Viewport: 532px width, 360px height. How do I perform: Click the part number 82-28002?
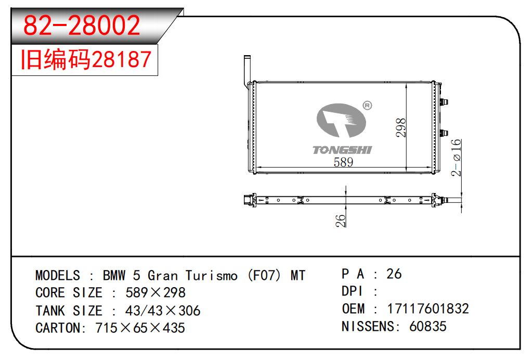point(83,25)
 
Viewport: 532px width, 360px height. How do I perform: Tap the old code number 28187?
point(122,60)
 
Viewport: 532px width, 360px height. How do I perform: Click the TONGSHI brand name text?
point(342,150)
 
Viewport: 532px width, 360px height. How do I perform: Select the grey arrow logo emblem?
point(341,124)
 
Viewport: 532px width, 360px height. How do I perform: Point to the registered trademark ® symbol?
point(367,106)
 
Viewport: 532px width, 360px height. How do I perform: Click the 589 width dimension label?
point(343,162)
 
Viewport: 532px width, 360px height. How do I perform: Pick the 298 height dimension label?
point(401,128)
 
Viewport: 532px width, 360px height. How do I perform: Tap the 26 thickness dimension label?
point(341,220)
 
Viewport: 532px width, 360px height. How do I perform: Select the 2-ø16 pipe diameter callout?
point(456,157)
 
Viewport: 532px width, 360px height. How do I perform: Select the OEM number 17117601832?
point(427,308)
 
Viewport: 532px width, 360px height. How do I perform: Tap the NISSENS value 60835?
point(427,326)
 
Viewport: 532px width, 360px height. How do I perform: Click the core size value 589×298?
point(155,293)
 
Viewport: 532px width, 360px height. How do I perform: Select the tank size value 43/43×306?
point(163,311)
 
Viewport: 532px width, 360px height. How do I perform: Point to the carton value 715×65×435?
point(140,328)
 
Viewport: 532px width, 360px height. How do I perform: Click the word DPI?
point(352,291)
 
